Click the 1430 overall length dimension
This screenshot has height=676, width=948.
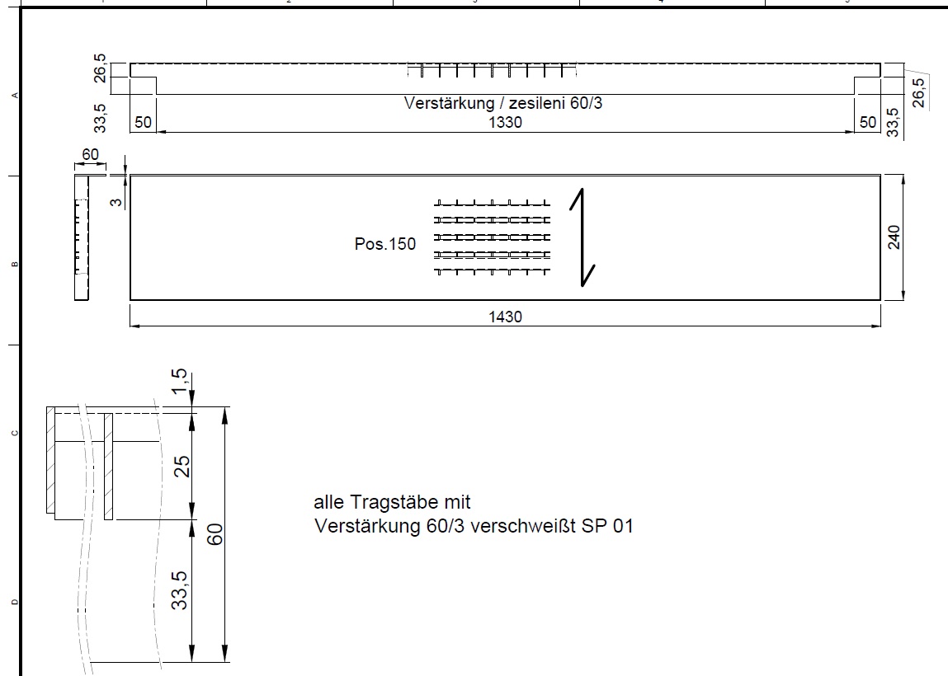coord(505,316)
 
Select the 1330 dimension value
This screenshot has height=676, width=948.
coord(505,122)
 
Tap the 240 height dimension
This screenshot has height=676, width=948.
coord(894,237)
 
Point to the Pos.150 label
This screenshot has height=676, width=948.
coord(385,244)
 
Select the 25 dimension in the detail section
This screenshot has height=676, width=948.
coord(182,466)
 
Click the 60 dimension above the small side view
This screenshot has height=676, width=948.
coord(90,154)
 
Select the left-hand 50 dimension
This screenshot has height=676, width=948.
coord(143,122)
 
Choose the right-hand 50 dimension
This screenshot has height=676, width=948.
coord(868,122)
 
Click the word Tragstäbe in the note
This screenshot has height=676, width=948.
coord(394,502)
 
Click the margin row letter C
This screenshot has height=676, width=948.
coord(13,433)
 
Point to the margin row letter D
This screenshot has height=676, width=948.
coord(13,603)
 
